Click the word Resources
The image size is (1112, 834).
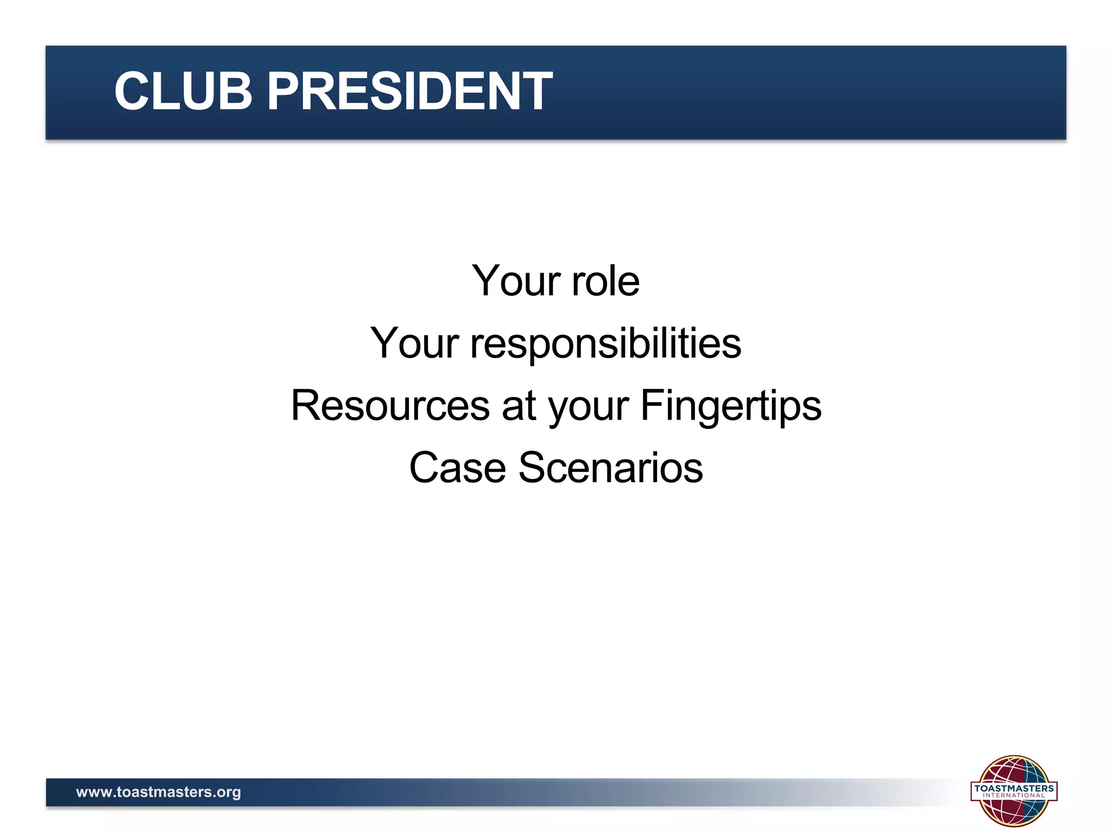tap(390, 406)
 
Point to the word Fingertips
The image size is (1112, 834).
tap(731, 406)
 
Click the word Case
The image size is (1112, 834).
tap(457, 467)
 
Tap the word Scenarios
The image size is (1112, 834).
tap(610, 467)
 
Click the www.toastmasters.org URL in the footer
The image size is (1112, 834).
tap(158, 792)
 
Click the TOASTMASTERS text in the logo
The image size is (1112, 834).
tap(1013, 788)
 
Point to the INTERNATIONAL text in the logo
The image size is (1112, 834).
tap(1013, 796)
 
